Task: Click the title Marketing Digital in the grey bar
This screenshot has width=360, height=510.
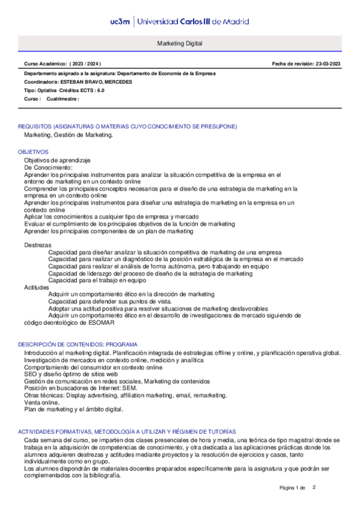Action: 180,44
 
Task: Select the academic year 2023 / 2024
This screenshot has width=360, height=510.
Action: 86,64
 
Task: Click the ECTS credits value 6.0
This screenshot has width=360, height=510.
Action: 100,90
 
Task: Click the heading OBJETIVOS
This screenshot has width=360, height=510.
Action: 33,152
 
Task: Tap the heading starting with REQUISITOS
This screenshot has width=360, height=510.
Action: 127,126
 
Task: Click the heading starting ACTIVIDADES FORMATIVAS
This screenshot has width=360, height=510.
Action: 127,432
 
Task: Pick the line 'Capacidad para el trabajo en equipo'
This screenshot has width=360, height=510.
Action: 97,280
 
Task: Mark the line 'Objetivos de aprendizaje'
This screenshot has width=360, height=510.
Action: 57,161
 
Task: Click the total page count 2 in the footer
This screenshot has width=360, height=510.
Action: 314,487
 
